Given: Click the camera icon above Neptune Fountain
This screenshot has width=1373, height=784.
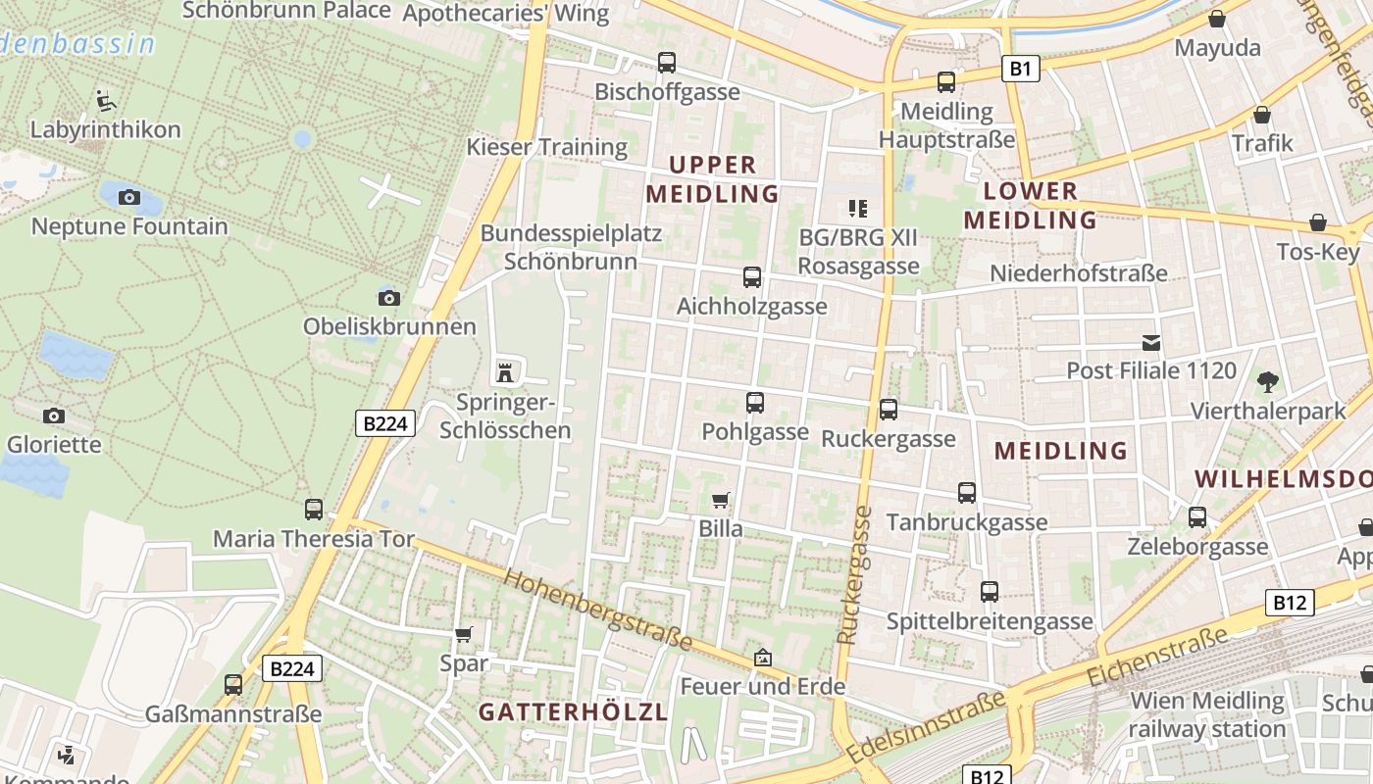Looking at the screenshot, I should [128, 197].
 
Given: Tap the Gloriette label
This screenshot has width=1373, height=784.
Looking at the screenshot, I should [54, 444].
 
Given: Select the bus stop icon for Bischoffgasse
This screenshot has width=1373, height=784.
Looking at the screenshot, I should [667, 63].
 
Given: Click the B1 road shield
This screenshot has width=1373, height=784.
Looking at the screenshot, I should [1020, 69].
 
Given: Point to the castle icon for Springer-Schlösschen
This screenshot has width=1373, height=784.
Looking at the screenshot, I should [506, 372].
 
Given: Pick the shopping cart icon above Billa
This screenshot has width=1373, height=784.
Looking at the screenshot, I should [721, 501].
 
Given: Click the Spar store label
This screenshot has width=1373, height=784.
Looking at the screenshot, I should [464, 663].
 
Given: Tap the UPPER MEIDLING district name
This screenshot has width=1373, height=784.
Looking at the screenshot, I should [712, 178].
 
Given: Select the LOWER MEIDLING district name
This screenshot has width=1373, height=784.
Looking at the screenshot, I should [1030, 205].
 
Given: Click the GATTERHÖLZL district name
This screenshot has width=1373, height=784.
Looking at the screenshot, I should [573, 712].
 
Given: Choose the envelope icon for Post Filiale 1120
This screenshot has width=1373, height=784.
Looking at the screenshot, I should [1151, 343].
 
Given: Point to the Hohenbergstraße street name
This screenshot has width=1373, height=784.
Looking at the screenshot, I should [598, 610].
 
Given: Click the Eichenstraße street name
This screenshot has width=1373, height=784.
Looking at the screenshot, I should [1157, 657].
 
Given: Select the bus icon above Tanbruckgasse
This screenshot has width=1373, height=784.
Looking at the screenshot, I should [967, 493].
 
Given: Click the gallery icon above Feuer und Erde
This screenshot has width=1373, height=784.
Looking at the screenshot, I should [763, 658].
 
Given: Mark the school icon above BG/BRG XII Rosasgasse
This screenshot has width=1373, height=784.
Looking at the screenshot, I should [858, 208].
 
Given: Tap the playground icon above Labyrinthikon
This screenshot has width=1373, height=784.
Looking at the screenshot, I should [106, 100].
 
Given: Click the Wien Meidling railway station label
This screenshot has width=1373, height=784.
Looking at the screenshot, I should [1206, 714].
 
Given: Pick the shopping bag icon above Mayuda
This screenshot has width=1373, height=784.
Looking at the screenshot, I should [1217, 19].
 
